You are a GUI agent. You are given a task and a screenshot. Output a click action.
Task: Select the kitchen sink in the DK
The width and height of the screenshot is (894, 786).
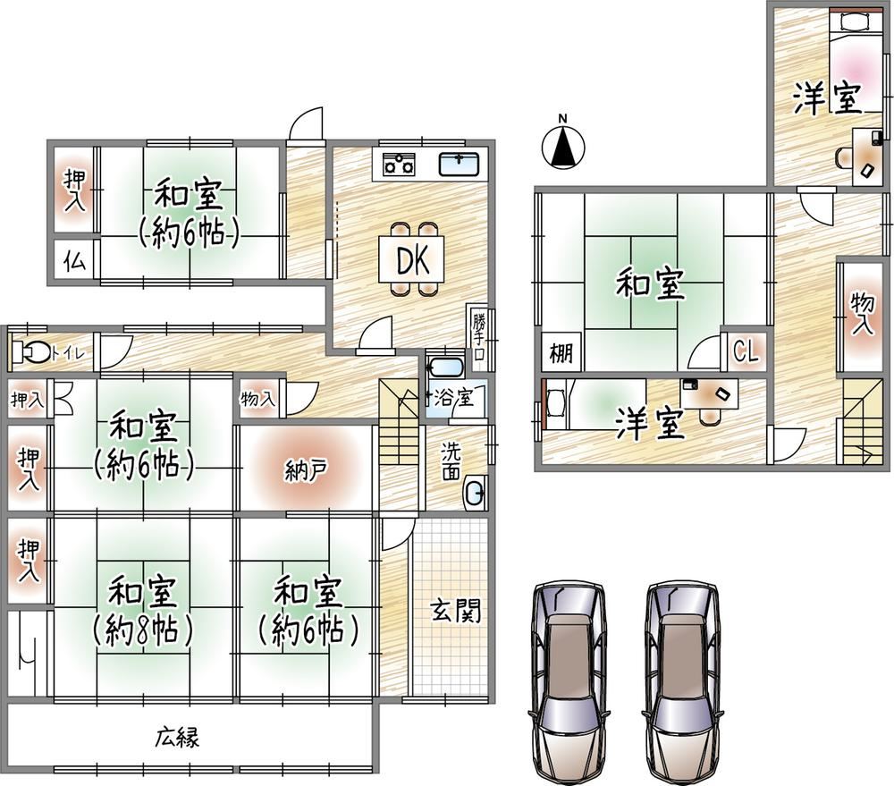click(x=459, y=165)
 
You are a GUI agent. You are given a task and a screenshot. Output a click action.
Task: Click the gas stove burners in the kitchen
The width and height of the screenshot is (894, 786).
click(x=399, y=165)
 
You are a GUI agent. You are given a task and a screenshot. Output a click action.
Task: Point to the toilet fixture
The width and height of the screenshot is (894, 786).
click(x=30, y=352)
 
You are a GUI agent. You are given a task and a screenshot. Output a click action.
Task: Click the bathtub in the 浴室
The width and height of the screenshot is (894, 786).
click(x=445, y=368)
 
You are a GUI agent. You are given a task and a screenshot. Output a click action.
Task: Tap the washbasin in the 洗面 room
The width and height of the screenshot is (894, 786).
click(x=475, y=491)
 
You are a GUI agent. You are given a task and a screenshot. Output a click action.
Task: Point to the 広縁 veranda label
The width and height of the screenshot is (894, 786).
click(x=177, y=737)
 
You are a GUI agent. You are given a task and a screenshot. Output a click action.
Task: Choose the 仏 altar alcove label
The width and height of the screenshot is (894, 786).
click(x=75, y=262)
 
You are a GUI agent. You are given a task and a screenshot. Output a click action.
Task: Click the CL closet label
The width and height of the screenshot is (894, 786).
click(x=746, y=352)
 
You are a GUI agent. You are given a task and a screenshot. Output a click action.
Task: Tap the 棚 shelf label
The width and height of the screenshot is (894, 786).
click(x=561, y=353)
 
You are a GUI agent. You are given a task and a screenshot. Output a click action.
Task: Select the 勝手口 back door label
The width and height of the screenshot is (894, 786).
click(x=479, y=338)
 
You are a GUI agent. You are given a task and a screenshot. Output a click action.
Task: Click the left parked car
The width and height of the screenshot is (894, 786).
click(x=569, y=681)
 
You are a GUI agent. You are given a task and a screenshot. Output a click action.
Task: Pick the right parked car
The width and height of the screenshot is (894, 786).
click(x=683, y=681)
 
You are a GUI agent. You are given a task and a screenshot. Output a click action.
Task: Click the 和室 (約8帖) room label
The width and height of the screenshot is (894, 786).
click(x=142, y=611)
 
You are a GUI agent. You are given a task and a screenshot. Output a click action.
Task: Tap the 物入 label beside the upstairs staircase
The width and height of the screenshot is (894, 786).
click(x=862, y=313)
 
